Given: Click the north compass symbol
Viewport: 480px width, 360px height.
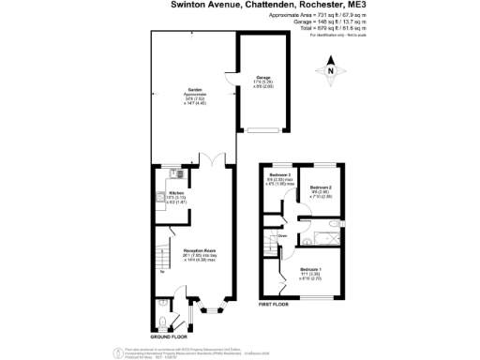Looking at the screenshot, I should [x=330, y=68].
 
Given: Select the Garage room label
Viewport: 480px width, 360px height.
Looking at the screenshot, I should [x=263, y=76].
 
